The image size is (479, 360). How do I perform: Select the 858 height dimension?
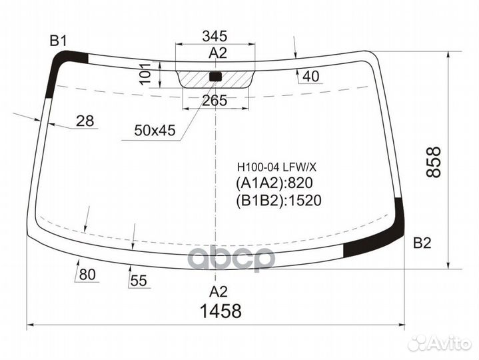(x=434, y=161)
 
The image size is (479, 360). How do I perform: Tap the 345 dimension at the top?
(x=215, y=36)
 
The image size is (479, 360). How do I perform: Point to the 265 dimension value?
(x=215, y=101)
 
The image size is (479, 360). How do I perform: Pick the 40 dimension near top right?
(x=310, y=77)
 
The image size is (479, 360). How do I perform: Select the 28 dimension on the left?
(x=85, y=121)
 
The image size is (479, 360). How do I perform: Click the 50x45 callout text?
(x=154, y=131)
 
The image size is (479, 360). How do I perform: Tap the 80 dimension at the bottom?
(x=87, y=274)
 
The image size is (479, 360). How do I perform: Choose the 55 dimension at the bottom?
(x=139, y=281)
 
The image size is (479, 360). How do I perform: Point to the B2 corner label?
(x=422, y=243)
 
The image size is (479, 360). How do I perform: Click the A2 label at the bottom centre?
(x=218, y=291)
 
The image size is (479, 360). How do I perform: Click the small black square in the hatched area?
(x=215, y=76)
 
